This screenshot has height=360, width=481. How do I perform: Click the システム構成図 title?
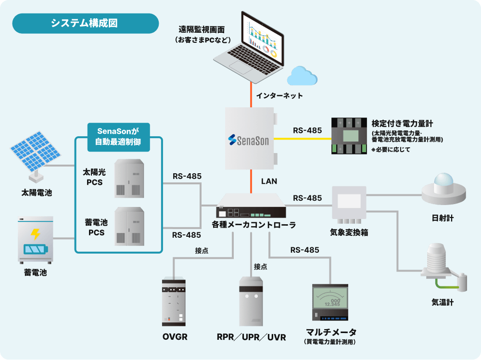(85, 23)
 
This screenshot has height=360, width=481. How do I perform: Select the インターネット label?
(279, 96)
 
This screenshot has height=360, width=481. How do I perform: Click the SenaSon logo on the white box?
(249, 140)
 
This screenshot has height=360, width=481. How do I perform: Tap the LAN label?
(269, 181)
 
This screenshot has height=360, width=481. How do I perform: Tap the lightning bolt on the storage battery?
(35, 234)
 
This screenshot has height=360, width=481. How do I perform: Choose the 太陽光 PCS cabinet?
(128, 179)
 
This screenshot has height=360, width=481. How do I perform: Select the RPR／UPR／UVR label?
(251, 337)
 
